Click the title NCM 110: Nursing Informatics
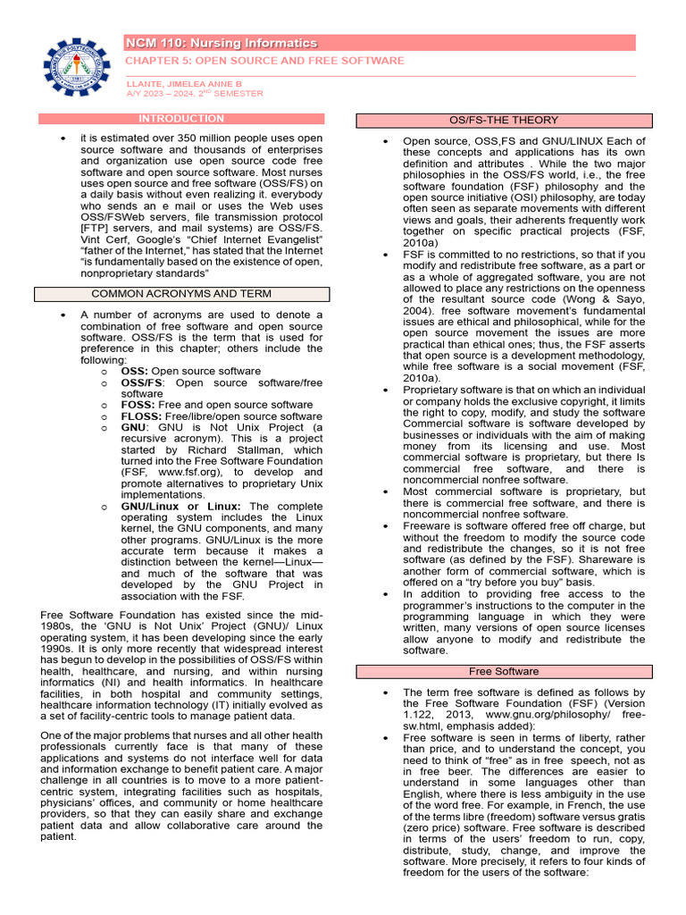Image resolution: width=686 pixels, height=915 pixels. tap(222, 43)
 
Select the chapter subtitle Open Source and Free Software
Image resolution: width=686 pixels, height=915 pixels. tap(264, 61)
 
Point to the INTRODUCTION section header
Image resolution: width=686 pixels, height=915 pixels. tap(181, 119)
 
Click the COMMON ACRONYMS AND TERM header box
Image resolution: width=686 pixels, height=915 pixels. tap(181, 294)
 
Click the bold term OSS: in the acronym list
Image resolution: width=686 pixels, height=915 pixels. tap(135, 371)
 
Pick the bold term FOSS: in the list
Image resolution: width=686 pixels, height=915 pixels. tap(138, 405)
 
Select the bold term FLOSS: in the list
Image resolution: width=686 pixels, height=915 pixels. tap(142, 416)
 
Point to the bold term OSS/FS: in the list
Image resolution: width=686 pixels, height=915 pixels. tap(143, 382)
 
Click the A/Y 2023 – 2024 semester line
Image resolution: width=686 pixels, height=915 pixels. tap(194, 93)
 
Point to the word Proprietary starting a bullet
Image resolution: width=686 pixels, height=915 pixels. tap(432, 390)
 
